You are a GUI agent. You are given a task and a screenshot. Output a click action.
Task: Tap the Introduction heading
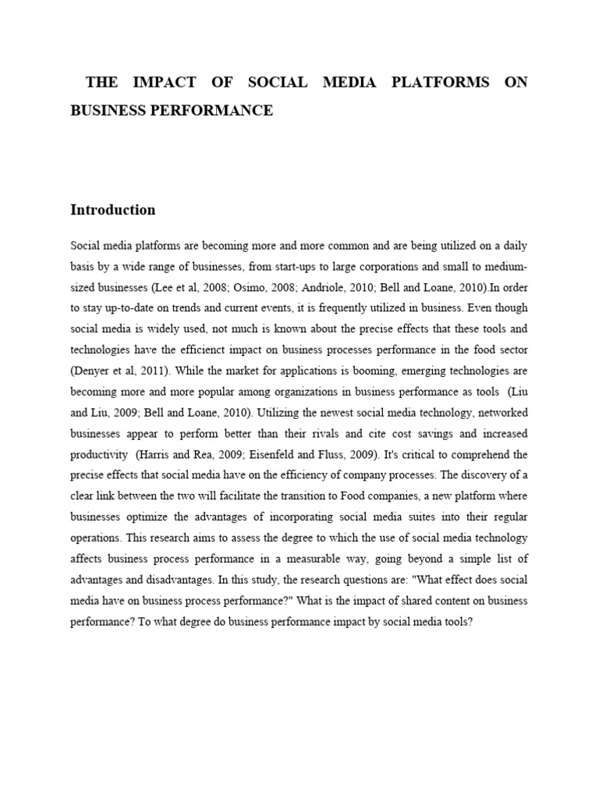(x=112, y=210)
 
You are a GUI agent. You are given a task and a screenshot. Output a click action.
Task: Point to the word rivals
(x=298, y=434)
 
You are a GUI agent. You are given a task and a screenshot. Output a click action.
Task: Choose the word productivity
(x=99, y=454)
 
